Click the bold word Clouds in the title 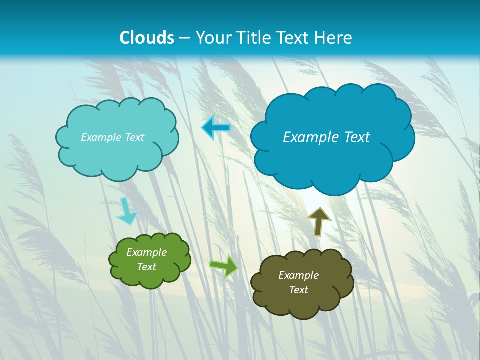point(147,38)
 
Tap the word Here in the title point(334,38)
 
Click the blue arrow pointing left point(216,128)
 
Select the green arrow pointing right point(224,265)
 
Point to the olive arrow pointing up point(319,221)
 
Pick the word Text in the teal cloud point(133,137)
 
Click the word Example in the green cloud point(147,252)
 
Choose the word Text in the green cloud point(147,267)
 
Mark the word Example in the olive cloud point(299,275)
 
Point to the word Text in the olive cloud point(299,290)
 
